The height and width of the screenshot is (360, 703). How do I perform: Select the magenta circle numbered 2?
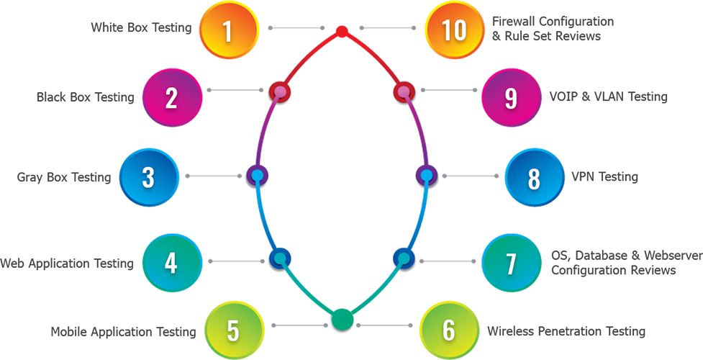171,98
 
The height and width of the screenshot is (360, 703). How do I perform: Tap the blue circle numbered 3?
148,177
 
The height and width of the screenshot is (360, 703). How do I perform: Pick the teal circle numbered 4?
171,264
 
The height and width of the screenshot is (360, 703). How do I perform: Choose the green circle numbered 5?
233,330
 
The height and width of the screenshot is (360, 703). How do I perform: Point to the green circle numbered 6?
449,330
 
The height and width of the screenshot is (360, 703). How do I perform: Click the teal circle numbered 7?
511,264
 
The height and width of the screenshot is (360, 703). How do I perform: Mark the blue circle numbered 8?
534,179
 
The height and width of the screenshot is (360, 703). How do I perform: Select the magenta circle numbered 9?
511,99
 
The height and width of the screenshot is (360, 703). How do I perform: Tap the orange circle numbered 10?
455,31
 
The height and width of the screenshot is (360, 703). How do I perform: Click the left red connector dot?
279,93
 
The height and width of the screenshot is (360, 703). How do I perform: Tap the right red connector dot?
404,93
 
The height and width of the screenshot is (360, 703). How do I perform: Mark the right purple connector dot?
428,176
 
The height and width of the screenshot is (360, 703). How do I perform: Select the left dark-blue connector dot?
279,258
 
